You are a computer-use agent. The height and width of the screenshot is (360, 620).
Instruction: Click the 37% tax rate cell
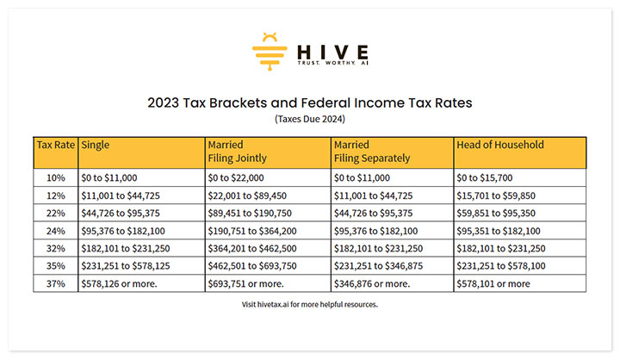[x=55, y=283]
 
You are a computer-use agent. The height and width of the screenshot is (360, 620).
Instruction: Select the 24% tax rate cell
[x=55, y=230]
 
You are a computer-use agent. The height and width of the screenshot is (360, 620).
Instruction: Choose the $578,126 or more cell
[x=118, y=283]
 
